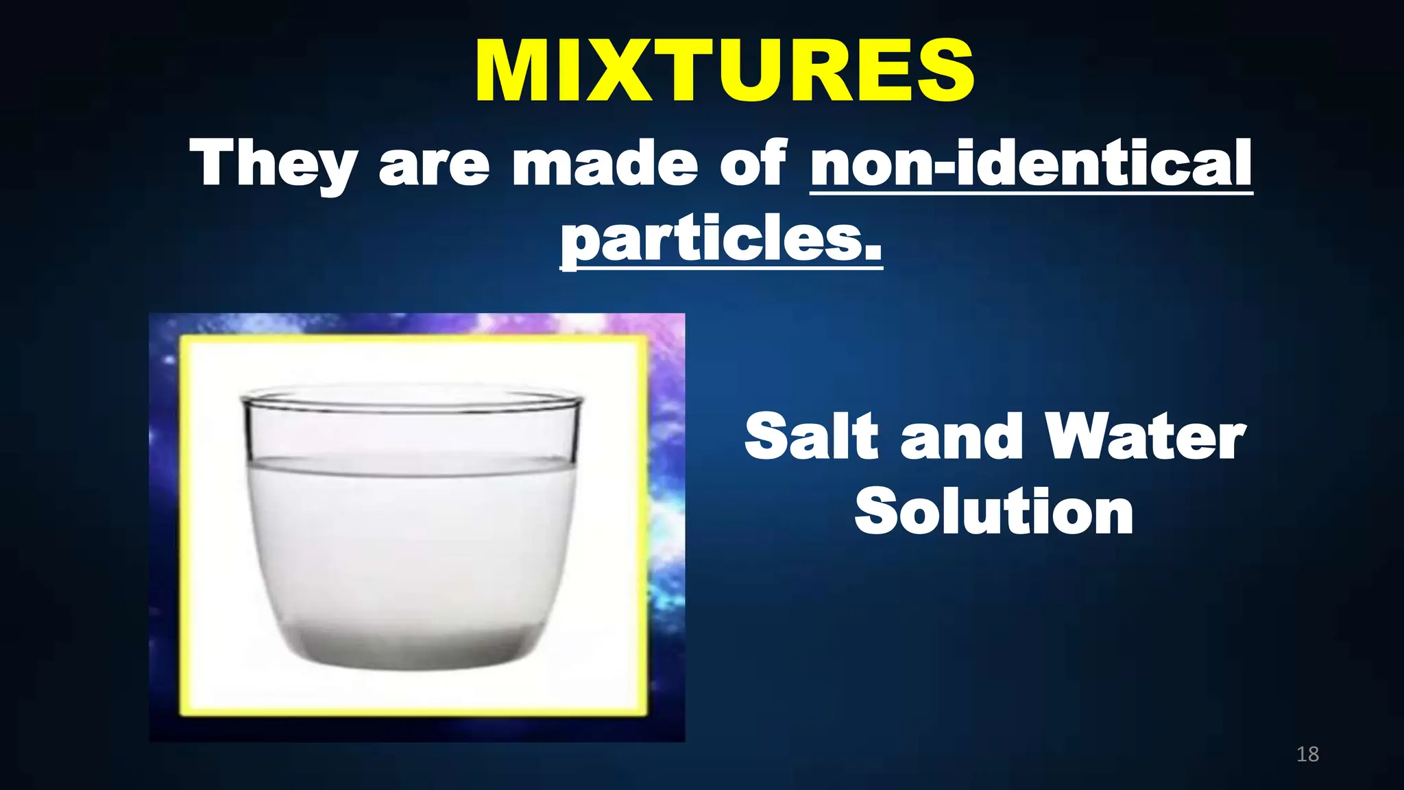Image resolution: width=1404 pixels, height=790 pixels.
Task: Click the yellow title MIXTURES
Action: click(724, 71)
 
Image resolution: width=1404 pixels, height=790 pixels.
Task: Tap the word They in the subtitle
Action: click(274, 165)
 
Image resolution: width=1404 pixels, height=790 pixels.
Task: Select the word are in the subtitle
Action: click(434, 165)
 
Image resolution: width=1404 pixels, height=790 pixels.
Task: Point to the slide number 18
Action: click(1307, 754)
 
